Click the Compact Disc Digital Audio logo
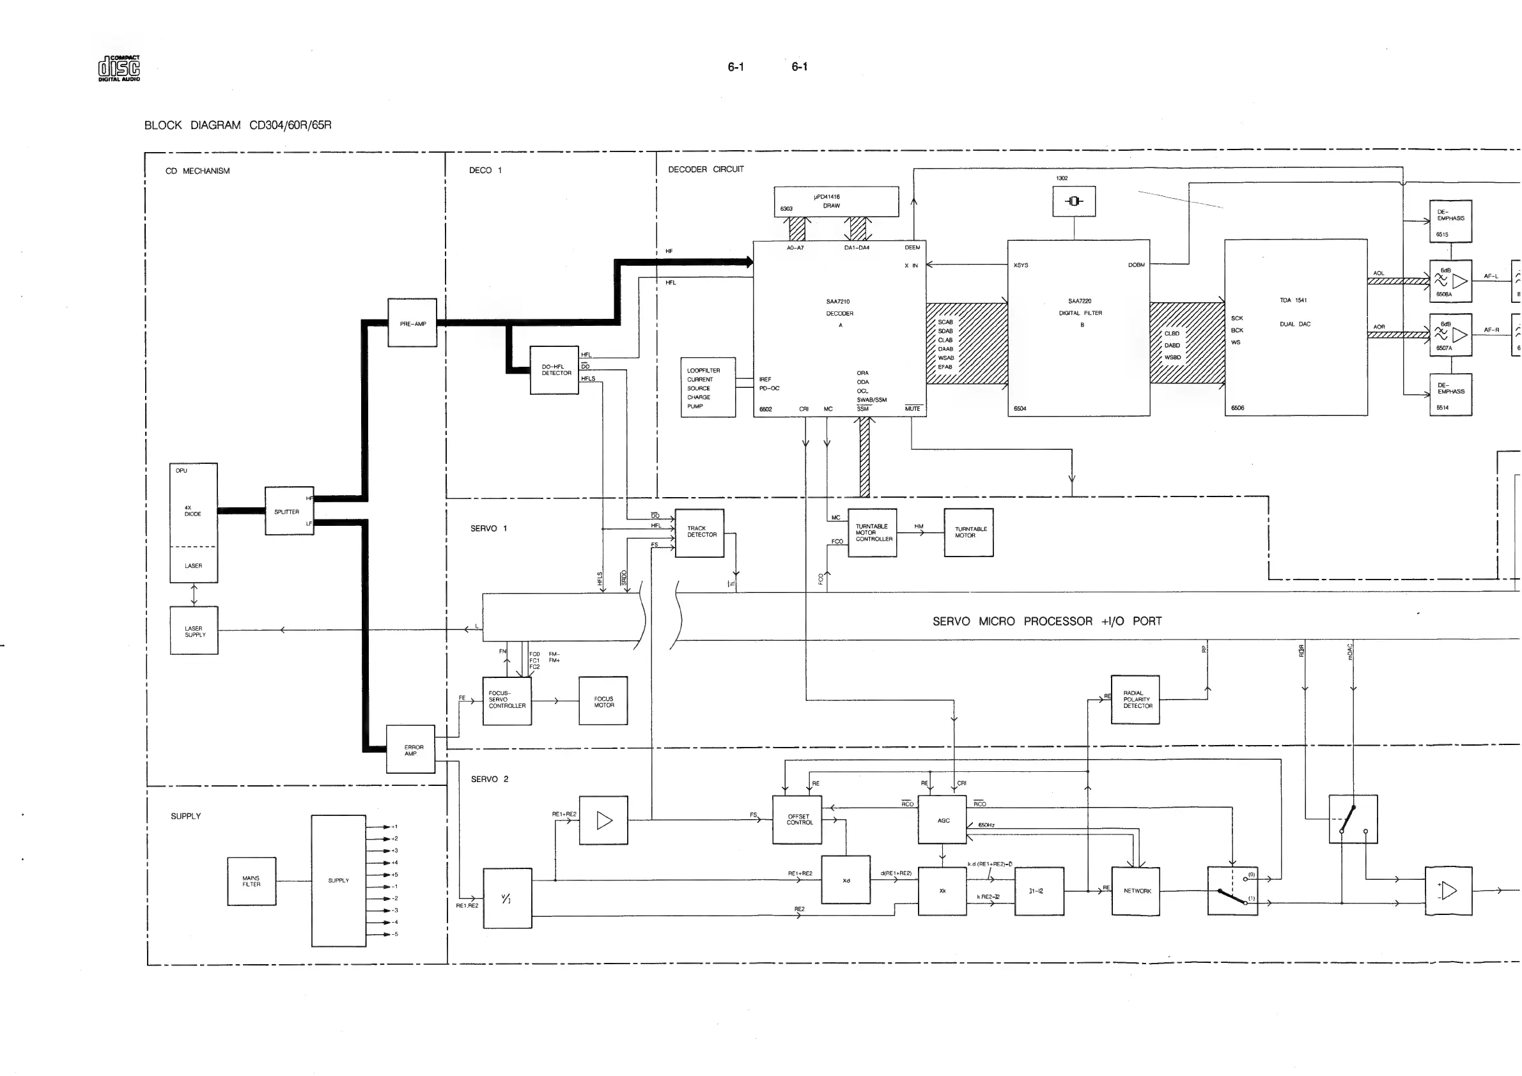coord(120,68)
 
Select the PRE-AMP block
coord(412,323)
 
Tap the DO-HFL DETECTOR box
coord(555,371)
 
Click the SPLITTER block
coord(289,511)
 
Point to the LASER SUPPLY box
coord(194,631)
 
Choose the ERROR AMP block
coord(411,749)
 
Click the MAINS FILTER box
coord(251,881)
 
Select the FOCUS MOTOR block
coord(603,701)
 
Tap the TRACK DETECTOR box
coord(699,533)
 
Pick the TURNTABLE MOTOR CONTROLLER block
coord(873,533)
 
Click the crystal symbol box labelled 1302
coord(1074,201)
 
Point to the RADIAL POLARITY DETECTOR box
coord(1135,700)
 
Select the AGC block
coord(943,820)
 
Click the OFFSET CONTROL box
coord(798,820)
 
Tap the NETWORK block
coord(1136,891)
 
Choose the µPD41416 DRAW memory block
coord(837,201)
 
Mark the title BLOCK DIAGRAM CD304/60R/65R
coord(238,125)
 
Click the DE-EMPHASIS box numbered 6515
coord(1450,221)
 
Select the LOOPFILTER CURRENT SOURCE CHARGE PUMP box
coord(708,388)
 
